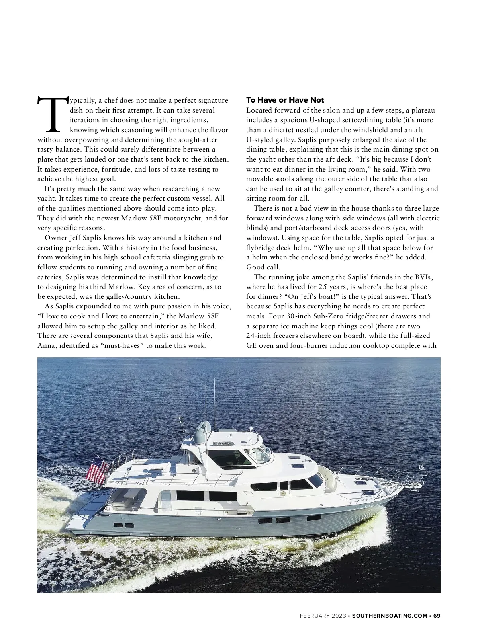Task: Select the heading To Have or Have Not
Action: [285, 100]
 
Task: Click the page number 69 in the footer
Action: [437, 616]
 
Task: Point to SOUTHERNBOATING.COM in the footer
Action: [390, 616]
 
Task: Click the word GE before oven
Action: [251, 345]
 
